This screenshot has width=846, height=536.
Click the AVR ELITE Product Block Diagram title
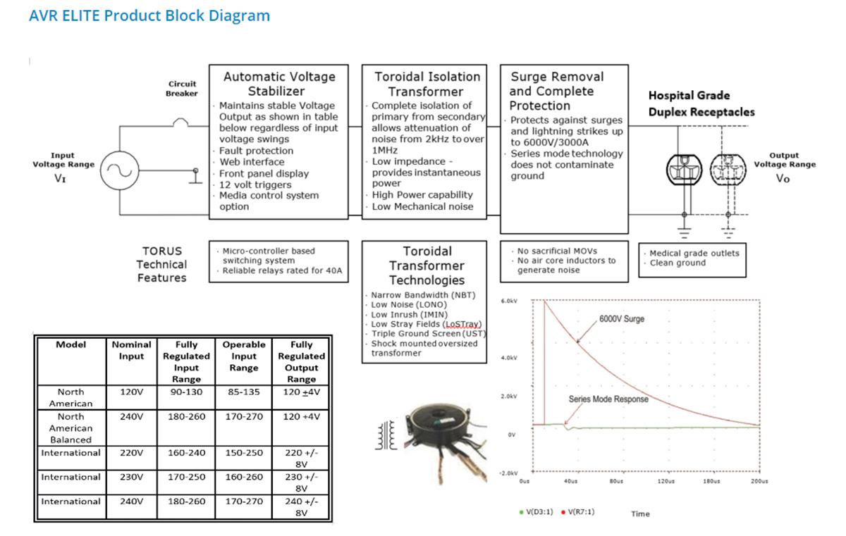pos(149,15)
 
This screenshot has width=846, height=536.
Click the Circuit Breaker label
pos(182,89)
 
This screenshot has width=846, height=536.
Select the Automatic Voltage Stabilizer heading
pos(278,84)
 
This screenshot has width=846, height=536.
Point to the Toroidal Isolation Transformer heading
pos(427,84)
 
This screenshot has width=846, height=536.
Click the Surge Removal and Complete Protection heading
pos(557,91)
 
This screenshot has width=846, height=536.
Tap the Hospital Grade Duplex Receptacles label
pos(701,104)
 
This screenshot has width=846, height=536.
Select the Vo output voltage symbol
pos(783,178)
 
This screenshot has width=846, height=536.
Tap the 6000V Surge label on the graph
pos(622,318)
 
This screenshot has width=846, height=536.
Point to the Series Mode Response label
pos(608,399)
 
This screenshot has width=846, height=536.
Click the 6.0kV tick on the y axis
pos(509,301)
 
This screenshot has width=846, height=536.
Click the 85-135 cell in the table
pos(243,392)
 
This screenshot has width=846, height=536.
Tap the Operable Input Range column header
pos(243,356)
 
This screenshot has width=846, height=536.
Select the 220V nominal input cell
pos(131,453)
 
